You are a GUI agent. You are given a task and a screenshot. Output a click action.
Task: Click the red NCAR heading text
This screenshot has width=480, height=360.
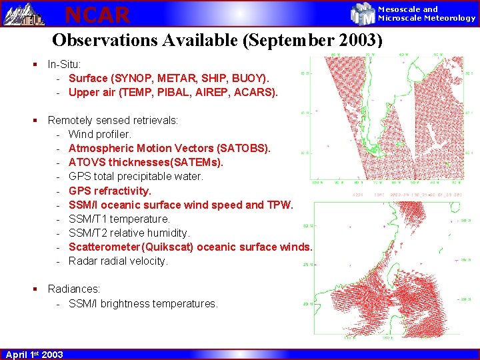[x=97, y=13]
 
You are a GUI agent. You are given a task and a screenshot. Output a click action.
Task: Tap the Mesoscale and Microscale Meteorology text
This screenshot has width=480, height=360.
[x=427, y=13]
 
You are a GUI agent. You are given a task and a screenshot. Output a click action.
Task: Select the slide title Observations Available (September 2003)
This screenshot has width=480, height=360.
[x=217, y=40]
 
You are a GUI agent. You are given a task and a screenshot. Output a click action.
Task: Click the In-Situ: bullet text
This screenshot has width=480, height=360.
[x=65, y=65]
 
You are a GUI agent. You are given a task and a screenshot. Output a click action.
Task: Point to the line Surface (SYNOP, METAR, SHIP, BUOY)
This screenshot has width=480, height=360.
[x=169, y=79]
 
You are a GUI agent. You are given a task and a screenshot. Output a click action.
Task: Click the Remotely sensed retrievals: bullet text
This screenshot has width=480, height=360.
[x=113, y=121]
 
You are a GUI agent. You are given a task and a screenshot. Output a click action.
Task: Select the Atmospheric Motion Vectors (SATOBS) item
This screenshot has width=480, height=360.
[x=169, y=149]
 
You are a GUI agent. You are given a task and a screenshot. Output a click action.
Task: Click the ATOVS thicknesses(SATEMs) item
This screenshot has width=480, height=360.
[x=146, y=163]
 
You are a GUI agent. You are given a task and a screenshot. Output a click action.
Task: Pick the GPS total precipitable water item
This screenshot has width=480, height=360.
[x=136, y=177]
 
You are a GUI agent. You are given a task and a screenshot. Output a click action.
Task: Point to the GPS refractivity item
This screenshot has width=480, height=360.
[x=110, y=191]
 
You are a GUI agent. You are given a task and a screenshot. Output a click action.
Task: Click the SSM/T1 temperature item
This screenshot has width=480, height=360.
[x=119, y=219]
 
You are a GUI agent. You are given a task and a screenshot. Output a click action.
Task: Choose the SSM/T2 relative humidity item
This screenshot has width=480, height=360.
[x=129, y=233]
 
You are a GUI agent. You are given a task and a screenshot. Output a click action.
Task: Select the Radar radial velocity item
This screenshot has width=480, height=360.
[x=118, y=261]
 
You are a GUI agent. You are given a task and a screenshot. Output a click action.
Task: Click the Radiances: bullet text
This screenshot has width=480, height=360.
[x=74, y=289]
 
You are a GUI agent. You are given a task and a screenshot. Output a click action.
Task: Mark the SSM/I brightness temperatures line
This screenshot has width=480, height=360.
[x=143, y=303]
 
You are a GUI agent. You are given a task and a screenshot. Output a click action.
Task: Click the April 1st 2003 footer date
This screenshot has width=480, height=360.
[x=34, y=354]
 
